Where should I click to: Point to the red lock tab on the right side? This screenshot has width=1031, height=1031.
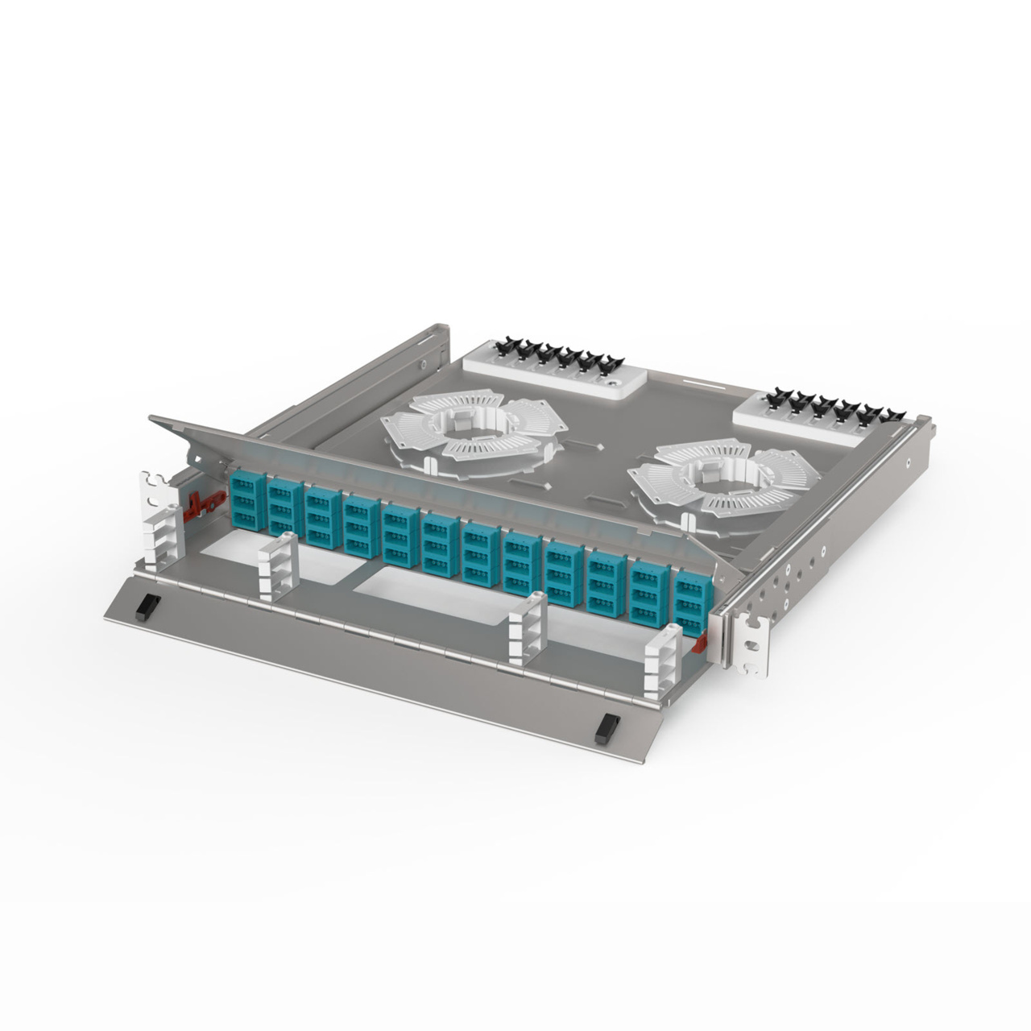699,642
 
